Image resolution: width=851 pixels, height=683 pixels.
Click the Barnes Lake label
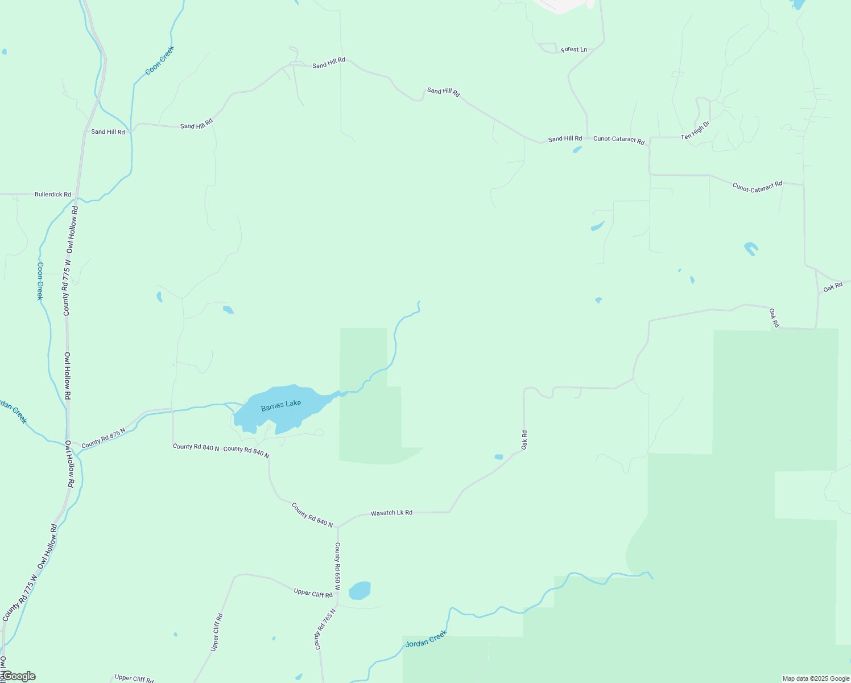pos(281,405)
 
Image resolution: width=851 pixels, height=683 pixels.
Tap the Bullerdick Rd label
pos(53,195)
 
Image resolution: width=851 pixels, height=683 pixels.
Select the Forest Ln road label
pos(573,50)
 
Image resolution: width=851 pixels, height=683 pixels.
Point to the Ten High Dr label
pos(696,130)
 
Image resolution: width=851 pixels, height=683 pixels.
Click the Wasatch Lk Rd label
pos(391,513)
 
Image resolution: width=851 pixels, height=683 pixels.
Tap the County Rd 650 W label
pos(337,565)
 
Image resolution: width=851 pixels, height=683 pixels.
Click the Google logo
pos(18,676)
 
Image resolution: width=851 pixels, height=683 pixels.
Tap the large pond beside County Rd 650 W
pos(360,590)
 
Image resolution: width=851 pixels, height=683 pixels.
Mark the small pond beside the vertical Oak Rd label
pos(499,456)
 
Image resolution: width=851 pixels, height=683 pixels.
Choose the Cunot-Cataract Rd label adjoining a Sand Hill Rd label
pos(618,139)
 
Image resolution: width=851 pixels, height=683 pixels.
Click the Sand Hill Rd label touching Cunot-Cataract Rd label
pos(565,138)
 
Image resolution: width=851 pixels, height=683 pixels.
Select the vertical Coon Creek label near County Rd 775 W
pos(40,281)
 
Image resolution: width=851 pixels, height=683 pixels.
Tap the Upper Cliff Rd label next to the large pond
pos(313,593)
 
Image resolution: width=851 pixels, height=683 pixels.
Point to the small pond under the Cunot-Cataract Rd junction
pos(577,150)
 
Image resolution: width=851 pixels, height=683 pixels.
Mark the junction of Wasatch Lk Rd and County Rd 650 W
pos(337,526)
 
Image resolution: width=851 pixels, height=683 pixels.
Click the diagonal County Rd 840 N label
pos(312,515)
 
